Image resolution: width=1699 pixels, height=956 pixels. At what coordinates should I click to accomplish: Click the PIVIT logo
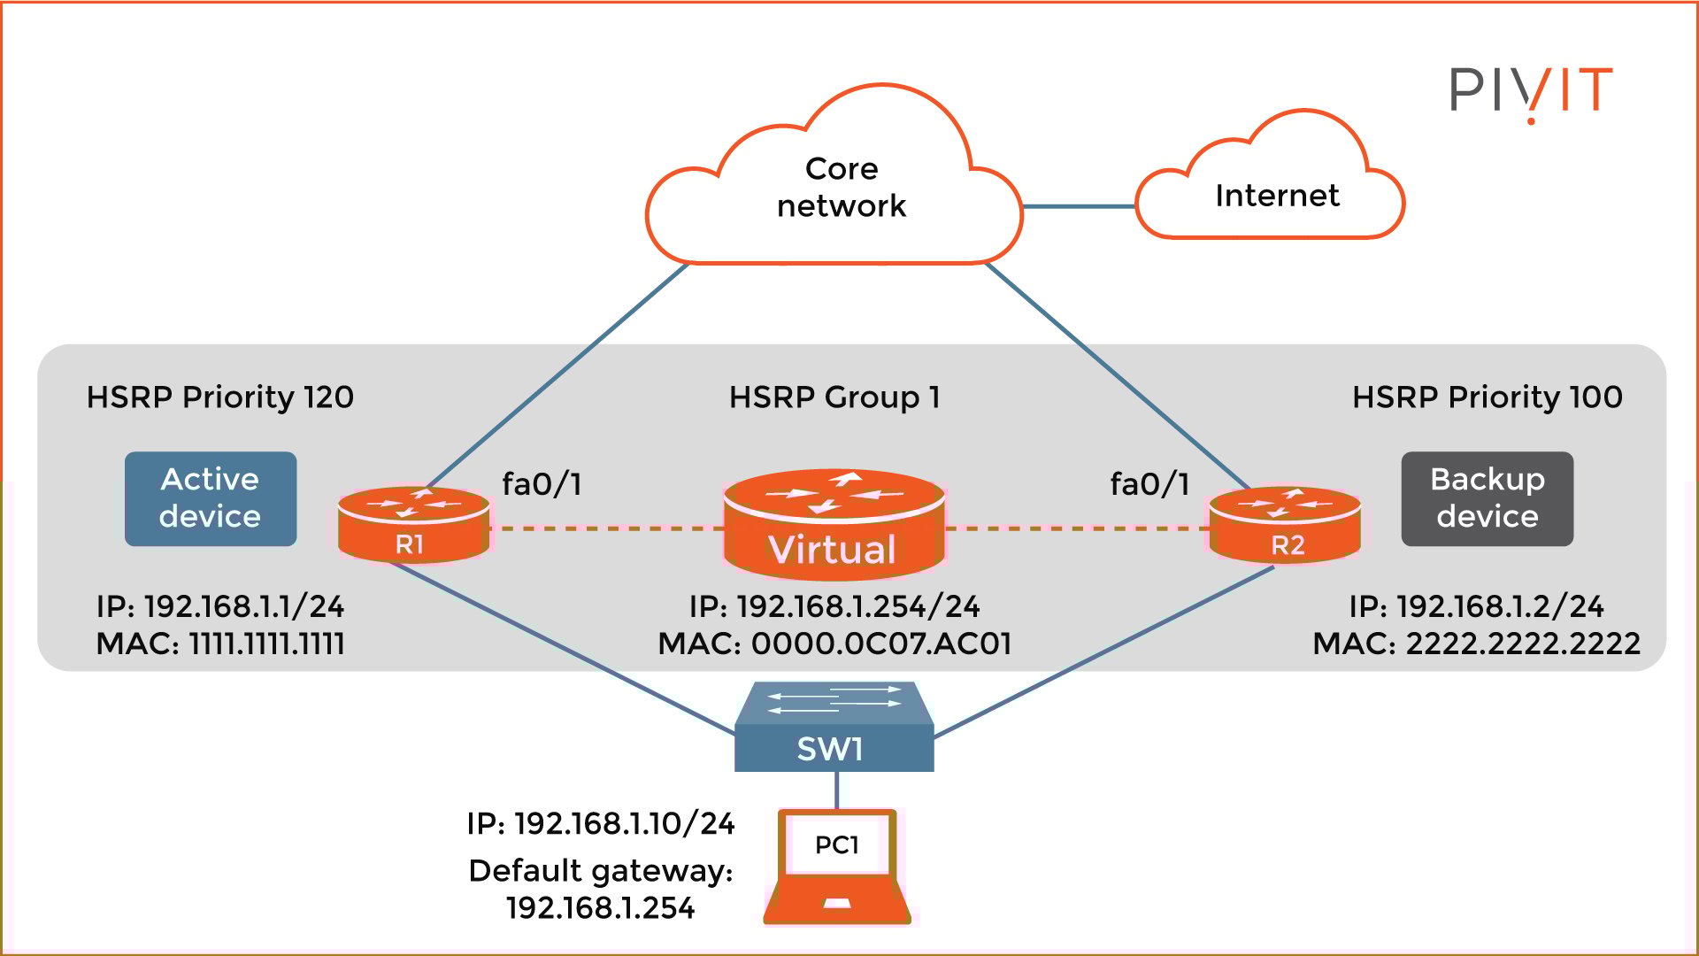tap(1531, 91)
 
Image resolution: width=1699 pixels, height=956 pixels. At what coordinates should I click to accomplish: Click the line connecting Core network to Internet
tap(1079, 206)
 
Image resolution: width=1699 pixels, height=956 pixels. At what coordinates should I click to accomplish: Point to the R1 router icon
tap(413, 524)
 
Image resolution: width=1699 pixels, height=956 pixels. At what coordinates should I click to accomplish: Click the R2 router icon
tap(1285, 524)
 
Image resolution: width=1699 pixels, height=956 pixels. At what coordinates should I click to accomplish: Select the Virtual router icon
tap(834, 524)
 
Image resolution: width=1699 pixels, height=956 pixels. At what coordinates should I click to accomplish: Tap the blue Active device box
tap(211, 498)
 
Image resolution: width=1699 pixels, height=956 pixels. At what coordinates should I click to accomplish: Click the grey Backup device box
tap(1487, 498)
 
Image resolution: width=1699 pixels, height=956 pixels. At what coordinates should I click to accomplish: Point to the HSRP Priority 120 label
tap(220, 397)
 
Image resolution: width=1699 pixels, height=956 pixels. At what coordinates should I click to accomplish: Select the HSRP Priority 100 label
tap(1488, 397)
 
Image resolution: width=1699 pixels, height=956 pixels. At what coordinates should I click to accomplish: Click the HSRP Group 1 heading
tap(834, 397)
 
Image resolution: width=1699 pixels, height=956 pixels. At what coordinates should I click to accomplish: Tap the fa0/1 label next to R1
tap(542, 484)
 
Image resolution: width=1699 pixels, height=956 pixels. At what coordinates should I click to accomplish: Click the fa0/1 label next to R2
tap(1149, 484)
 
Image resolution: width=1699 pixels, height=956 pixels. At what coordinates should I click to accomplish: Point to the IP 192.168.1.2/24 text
tap(1476, 606)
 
